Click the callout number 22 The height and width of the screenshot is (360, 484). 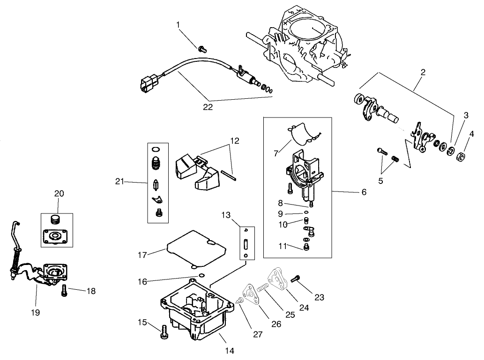click(208, 107)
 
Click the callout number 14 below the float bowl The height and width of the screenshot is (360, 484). click(230, 350)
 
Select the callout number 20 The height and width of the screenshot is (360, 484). click(59, 193)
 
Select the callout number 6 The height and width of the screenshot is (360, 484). click(364, 192)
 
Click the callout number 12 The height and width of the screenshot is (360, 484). click(234, 140)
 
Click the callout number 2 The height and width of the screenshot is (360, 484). click(423, 72)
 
